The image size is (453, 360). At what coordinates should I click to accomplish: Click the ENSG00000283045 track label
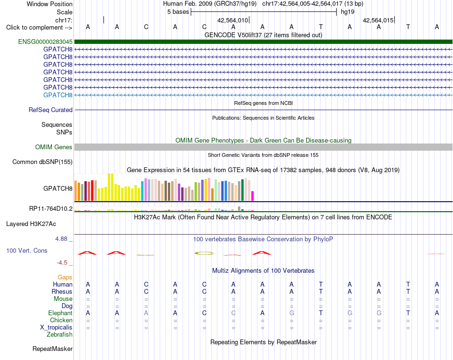(x=45, y=41)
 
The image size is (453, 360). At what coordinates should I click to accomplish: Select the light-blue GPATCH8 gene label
(x=58, y=95)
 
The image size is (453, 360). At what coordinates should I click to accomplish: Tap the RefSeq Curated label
(x=51, y=110)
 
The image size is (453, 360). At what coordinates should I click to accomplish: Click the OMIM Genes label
(x=53, y=147)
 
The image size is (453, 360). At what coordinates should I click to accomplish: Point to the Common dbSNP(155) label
(x=42, y=162)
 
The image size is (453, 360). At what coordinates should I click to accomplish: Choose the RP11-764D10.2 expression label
(x=51, y=208)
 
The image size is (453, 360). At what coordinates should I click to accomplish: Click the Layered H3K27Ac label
(x=31, y=224)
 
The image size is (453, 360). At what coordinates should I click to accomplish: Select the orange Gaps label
(x=65, y=278)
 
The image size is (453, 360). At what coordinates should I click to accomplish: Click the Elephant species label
(x=61, y=313)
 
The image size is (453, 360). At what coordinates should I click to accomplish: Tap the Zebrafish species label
(x=60, y=335)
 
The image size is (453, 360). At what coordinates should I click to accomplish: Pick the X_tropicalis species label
(x=56, y=328)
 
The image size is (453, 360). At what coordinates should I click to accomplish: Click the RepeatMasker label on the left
(x=52, y=349)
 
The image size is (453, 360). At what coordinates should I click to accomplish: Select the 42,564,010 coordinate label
(x=233, y=20)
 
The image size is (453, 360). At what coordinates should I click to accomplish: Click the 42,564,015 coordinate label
(x=378, y=20)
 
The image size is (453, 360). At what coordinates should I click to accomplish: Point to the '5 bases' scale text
(x=178, y=12)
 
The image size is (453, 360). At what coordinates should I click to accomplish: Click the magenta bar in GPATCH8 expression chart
(x=253, y=196)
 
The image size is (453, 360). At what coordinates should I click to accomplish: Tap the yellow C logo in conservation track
(x=204, y=253)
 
